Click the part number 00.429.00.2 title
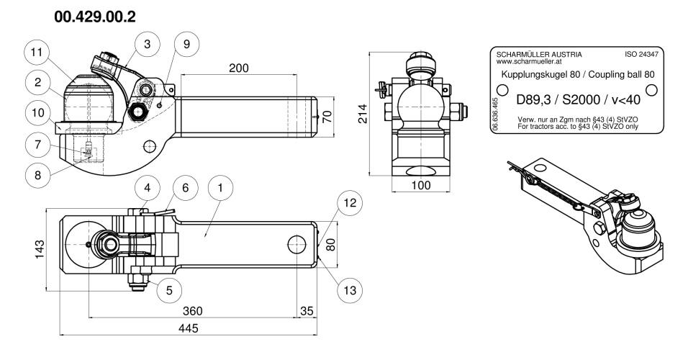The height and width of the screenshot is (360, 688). [x=95, y=17]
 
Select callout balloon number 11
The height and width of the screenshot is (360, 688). [x=37, y=53]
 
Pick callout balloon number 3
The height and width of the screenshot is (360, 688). [x=147, y=44]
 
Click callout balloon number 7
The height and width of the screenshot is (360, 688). [x=37, y=145]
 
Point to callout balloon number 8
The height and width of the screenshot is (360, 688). [x=37, y=175]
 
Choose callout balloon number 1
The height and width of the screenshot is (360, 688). [x=219, y=188]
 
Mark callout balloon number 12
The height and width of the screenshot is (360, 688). [x=350, y=203]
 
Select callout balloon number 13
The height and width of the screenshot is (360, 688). [x=350, y=290]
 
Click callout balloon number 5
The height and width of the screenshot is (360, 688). [x=169, y=290]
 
